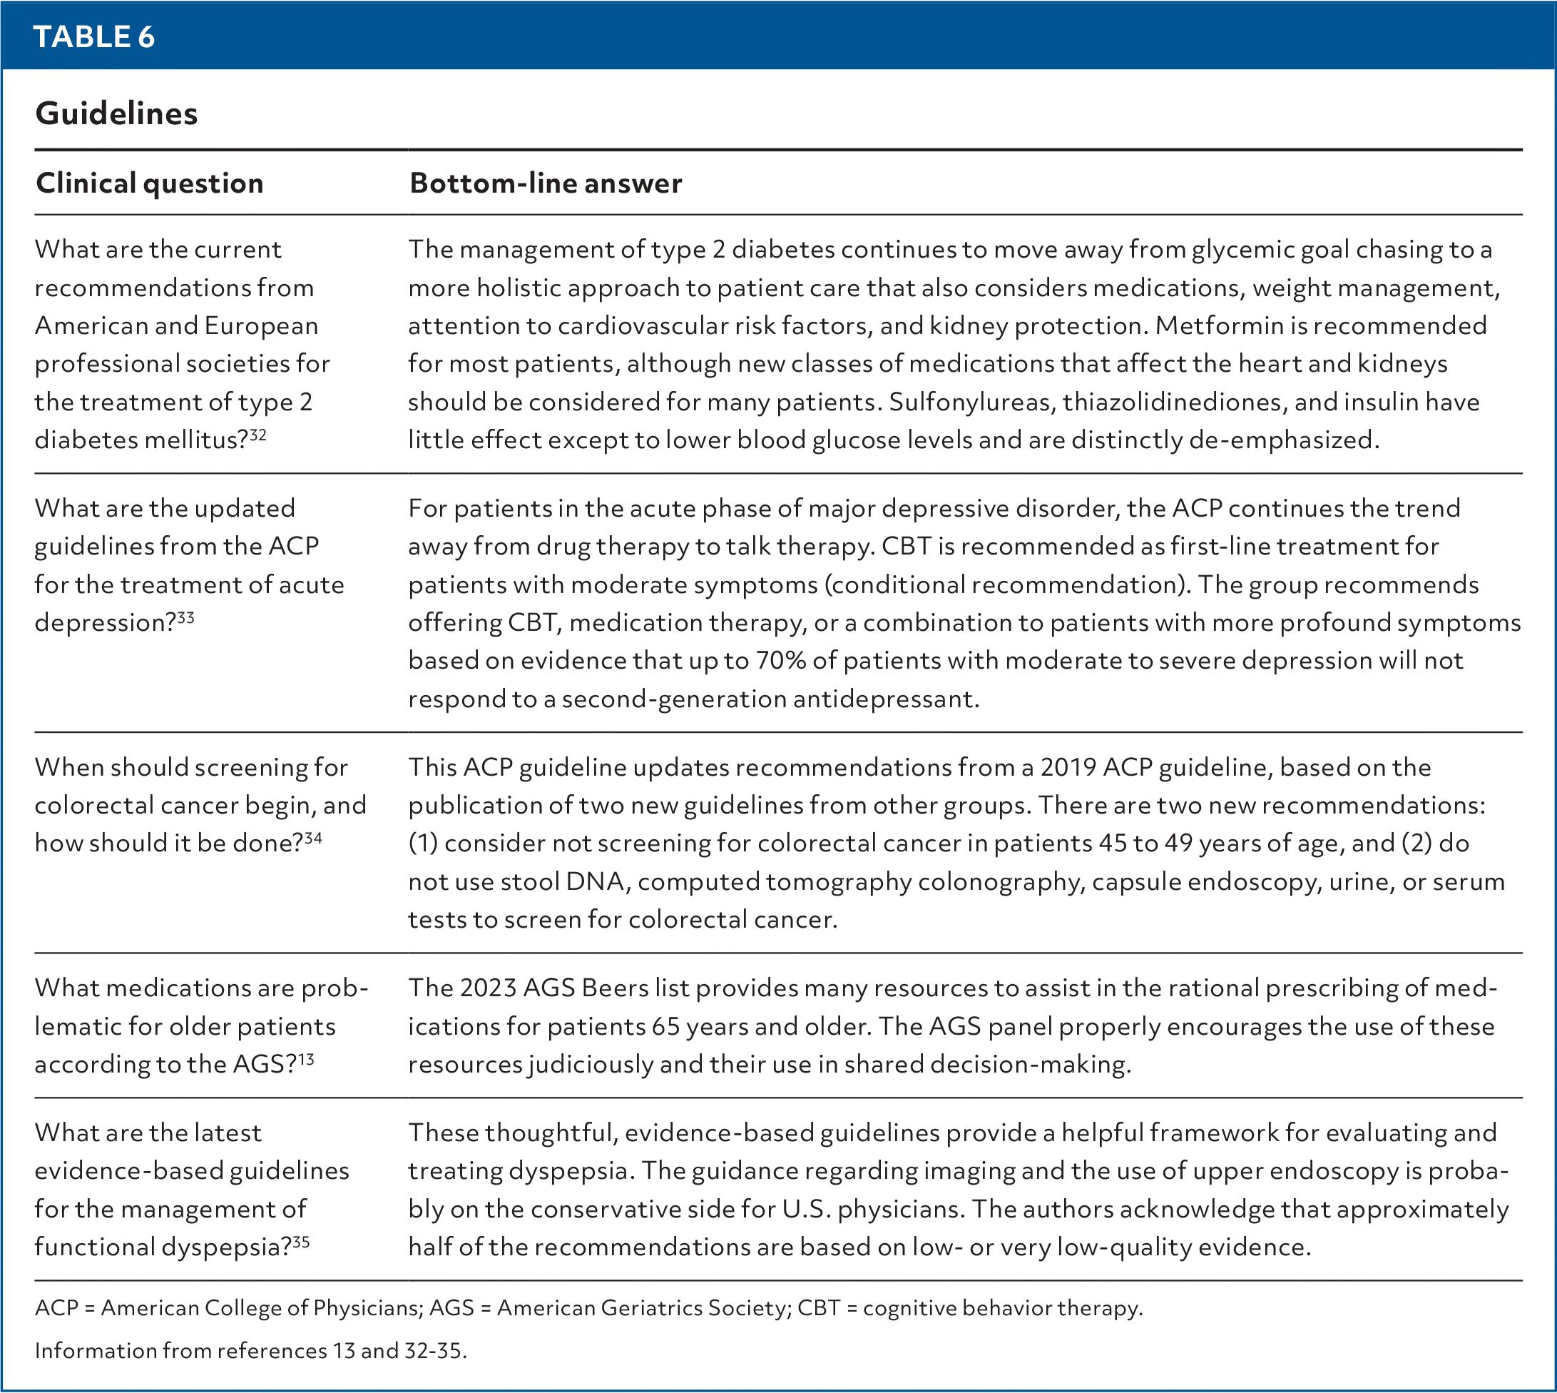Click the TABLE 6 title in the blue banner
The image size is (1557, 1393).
[93, 36]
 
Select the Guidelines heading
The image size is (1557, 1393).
[116, 113]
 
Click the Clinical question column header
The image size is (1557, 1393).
[149, 183]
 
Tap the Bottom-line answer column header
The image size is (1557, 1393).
[546, 183]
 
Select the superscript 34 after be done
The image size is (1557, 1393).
[313, 838]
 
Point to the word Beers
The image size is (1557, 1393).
[613, 988]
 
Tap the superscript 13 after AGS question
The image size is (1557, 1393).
[306, 1059]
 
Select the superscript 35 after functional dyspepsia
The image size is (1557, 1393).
[301, 1242]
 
